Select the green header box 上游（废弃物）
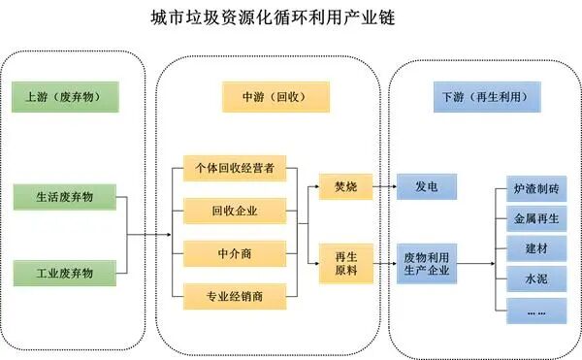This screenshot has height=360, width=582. click(x=65, y=96)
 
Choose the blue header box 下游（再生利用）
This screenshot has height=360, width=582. click(x=484, y=96)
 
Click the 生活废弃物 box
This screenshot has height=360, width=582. click(x=66, y=197)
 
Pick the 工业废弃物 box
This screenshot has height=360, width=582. click(x=66, y=273)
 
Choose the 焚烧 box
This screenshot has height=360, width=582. click(x=345, y=185)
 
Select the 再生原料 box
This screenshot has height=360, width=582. click(x=345, y=263)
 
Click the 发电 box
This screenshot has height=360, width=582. click(x=426, y=185)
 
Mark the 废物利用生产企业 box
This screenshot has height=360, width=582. click(x=428, y=262)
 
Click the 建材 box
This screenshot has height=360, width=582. click(x=534, y=249)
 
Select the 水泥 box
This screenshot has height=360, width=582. click(x=534, y=280)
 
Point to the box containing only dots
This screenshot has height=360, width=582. click(x=534, y=311)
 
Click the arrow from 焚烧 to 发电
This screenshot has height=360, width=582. click(x=383, y=185)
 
